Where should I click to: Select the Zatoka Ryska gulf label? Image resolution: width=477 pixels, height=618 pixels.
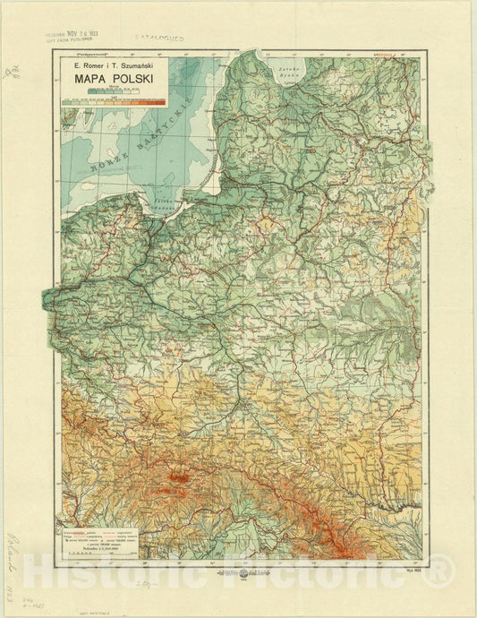(x=287, y=72)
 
